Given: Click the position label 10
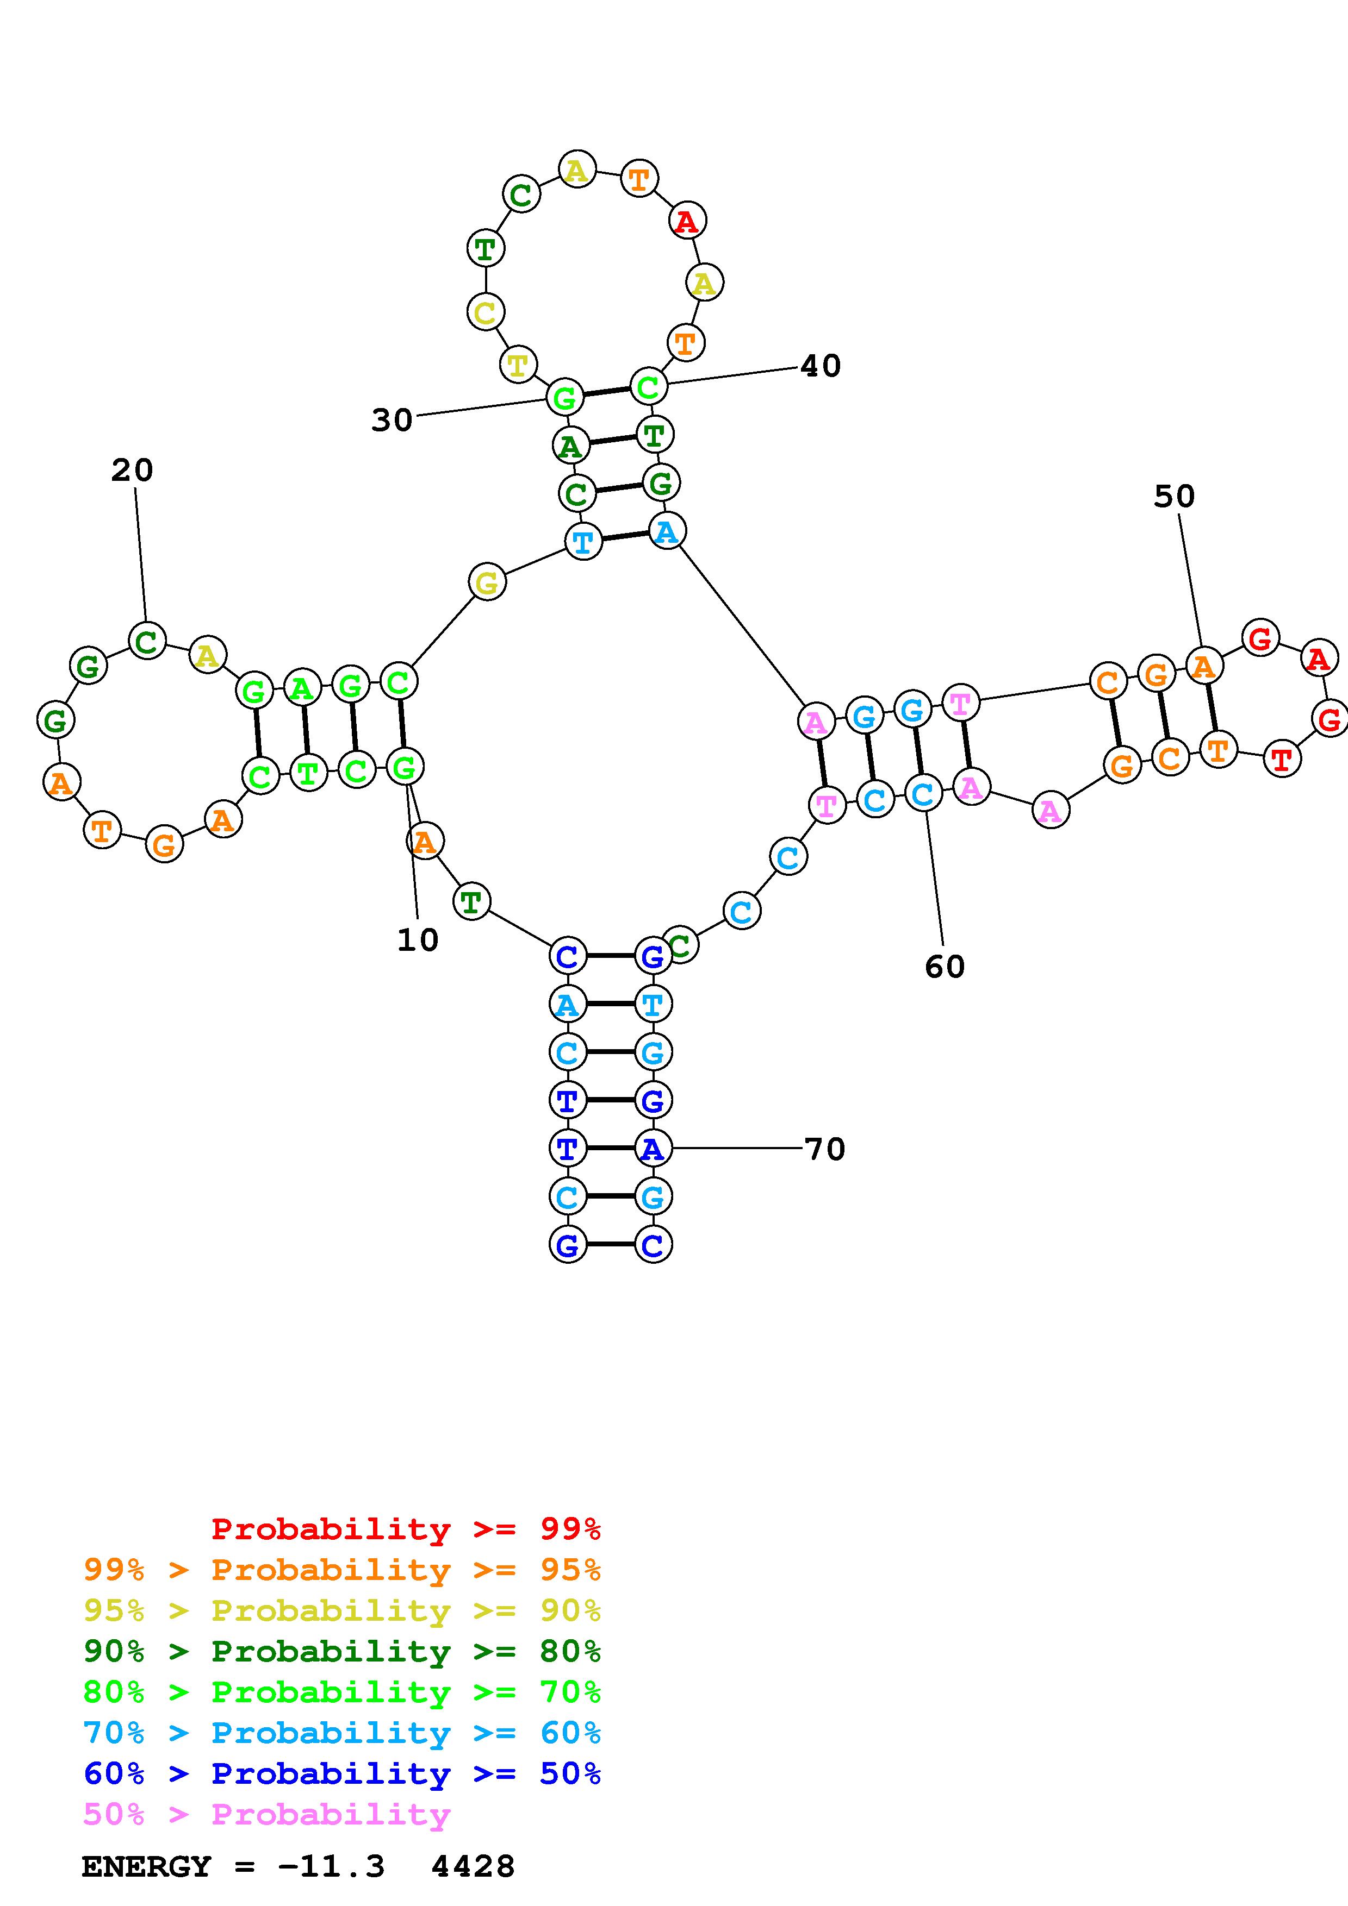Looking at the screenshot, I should [x=417, y=940].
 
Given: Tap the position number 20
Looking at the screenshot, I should [x=132, y=471].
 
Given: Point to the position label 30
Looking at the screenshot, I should [x=391, y=420].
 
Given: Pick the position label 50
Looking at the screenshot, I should [x=1173, y=497].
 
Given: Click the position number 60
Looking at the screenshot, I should [x=945, y=966].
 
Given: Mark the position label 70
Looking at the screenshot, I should [x=825, y=1149].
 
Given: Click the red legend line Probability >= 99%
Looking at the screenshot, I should [x=405, y=1529].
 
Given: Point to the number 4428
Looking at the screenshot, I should [x=473, y=1867].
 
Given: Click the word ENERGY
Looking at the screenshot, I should [x=146, y=1867].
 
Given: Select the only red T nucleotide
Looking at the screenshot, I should [x=1282, y=758].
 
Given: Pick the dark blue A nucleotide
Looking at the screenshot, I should [x=653, y=1149].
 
